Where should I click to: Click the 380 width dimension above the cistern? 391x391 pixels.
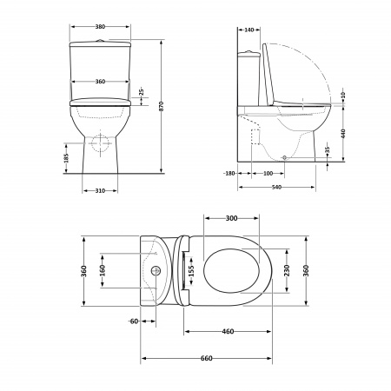pyautogui.click(x=100, y=29)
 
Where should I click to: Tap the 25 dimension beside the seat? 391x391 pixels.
pyautogui.click(x=142, y=91)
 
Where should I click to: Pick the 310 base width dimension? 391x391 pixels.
pyautogui.click(x=100, y=190)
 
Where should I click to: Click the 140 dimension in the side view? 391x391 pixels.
pyautogui.click(x=249, y=30)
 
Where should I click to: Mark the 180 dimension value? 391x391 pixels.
pyautogui.click(x=230, y=174)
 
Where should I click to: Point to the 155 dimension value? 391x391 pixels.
pyautogui.click(x=192, y=270)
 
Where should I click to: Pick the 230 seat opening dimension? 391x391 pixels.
pyautogui.click(x=288, y=270)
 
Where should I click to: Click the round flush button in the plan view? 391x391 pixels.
pyautogui.click(x=157, y=270)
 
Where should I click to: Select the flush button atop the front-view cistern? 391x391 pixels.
pyautogui.click(x=100, y=39)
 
